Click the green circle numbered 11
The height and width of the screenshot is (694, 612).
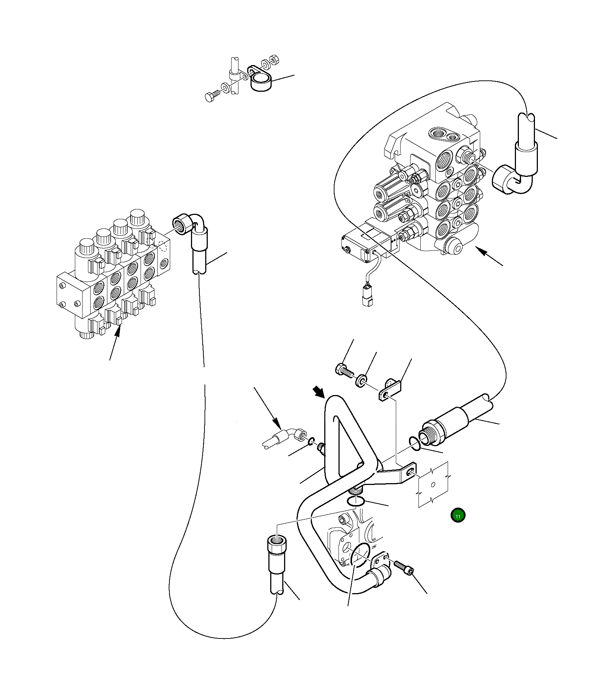458,515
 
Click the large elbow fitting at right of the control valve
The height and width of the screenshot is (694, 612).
510,179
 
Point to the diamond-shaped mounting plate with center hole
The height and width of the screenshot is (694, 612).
433,485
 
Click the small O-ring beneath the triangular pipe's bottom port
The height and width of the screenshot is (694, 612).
355,501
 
